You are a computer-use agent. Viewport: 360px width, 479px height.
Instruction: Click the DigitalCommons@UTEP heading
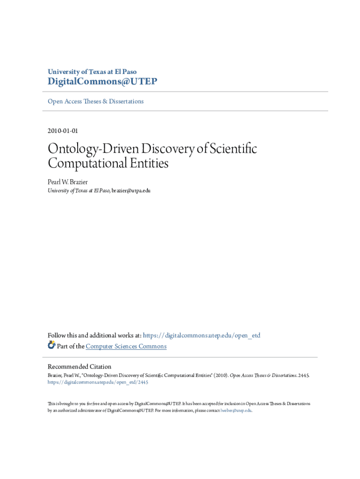click(x=102, y=82)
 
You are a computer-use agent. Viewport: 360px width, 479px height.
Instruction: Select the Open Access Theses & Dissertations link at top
click(x=96, y=102)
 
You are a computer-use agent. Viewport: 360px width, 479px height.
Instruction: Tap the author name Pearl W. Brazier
click(x=68, y=182)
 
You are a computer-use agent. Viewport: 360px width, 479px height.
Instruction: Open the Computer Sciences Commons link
click(x=126, y=346)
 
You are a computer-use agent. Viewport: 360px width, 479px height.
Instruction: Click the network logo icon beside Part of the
click(x=51, y=346)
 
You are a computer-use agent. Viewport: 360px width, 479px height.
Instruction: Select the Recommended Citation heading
click(x=79, y=367)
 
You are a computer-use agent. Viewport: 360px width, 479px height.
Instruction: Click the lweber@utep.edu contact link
click(x=236, y=410)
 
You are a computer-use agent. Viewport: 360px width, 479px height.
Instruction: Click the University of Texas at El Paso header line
click(x=92, y=72)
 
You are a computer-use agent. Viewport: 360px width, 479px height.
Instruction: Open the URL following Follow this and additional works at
click(x=202, y=335)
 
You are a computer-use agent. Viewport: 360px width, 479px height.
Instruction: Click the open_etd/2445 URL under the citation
click(x=98, y=382)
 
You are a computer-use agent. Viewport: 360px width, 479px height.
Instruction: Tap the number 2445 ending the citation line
click(x=303, y=375)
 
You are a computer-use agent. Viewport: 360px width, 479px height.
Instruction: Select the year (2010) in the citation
click(x=220, y=375)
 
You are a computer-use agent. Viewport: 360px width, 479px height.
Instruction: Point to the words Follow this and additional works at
click(x=94, y=335)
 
